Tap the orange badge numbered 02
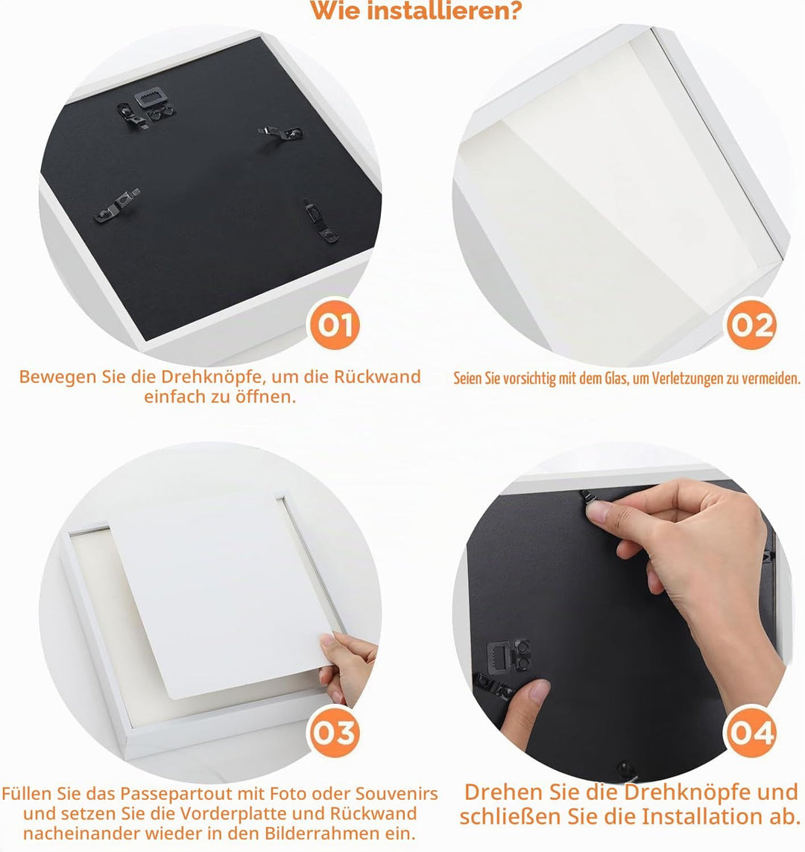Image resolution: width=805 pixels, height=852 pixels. pyautogui.click(x=751, y=325)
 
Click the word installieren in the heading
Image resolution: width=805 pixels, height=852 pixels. pyautogui.click(x=444, y=10)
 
